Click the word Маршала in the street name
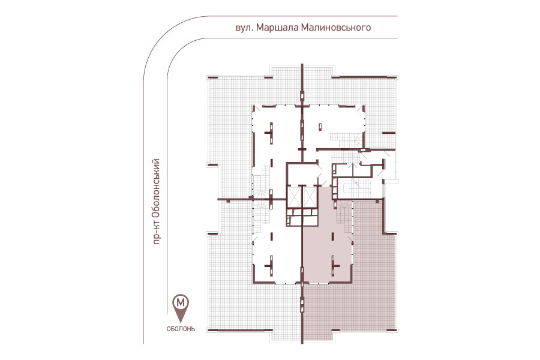(278, 27)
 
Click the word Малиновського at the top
(336, 27)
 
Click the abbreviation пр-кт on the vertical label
(157, 233)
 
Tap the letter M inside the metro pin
(181, 303)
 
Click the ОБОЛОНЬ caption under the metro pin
(181, 329)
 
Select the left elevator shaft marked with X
(295, 197)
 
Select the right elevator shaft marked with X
(310, 197)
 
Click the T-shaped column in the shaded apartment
(334, 266)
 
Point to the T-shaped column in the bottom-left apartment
(270, 266)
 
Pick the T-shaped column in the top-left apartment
(270, 132)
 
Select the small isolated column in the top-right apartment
(320, 127)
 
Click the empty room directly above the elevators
(302, 175)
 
